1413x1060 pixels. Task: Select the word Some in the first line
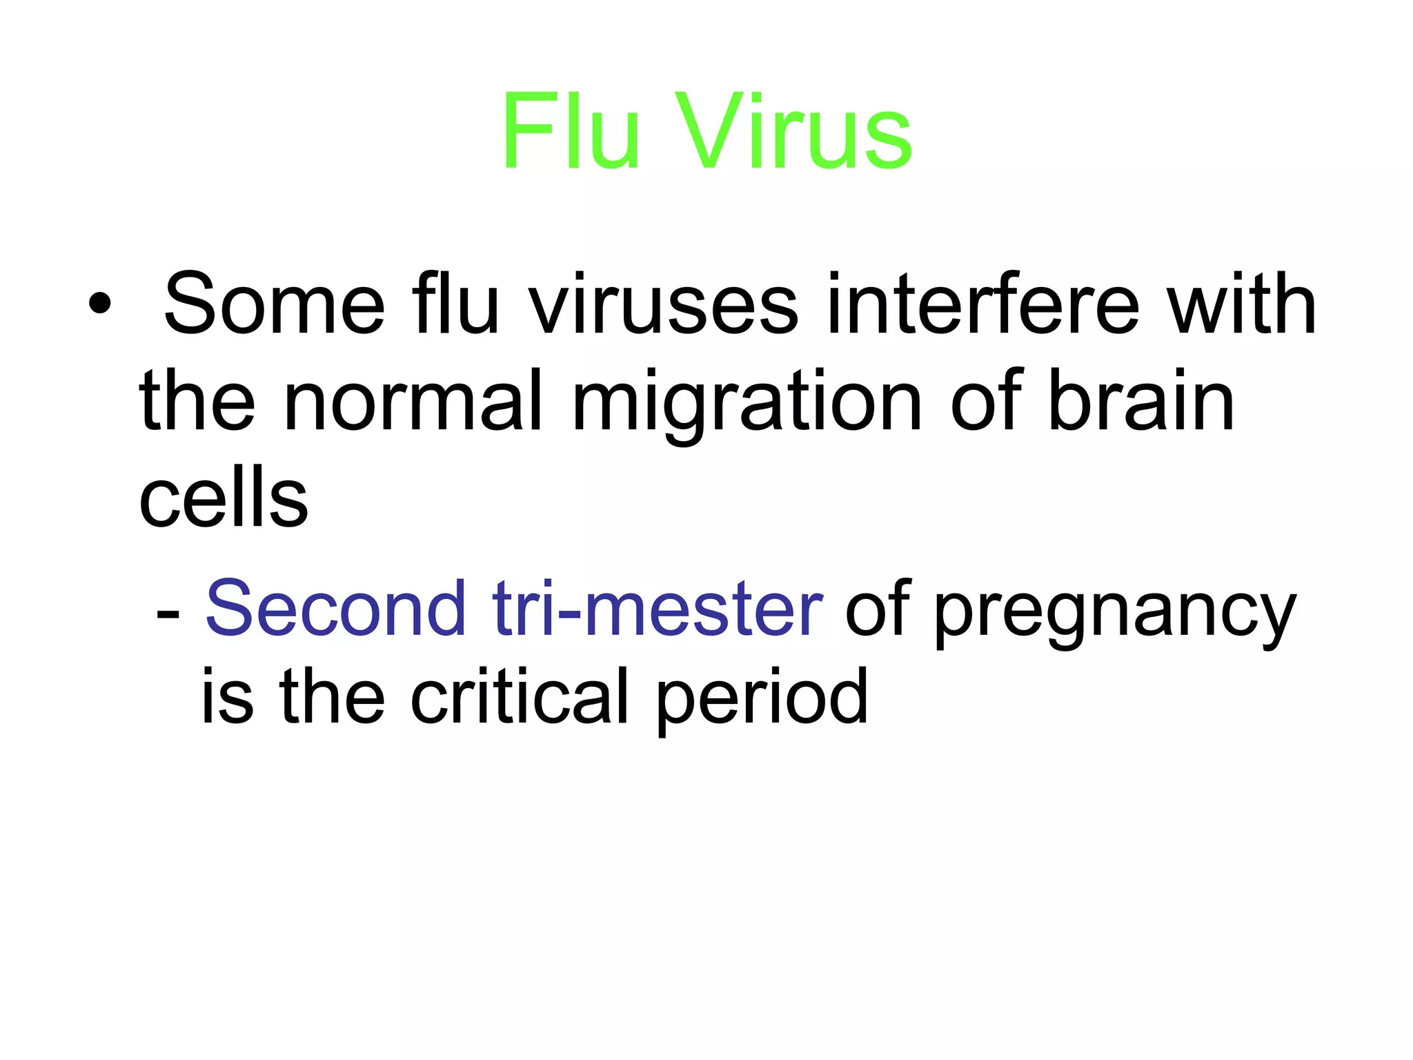(x=274, y=304)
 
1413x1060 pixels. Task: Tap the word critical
(x=519, y=697)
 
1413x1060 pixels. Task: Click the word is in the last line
(x=227, y=697)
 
